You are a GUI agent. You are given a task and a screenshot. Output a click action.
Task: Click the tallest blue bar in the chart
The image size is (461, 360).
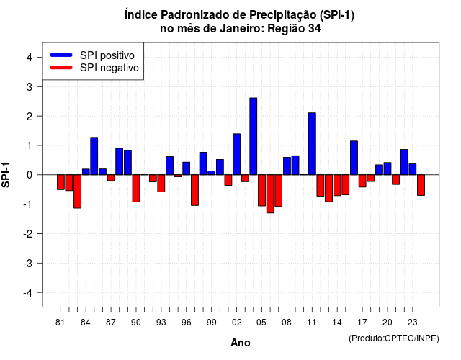click(253, 136)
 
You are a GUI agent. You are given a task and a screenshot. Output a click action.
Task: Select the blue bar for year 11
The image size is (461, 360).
click(312, 144)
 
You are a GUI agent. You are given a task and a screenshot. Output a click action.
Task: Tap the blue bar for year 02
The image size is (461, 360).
click(236, 154)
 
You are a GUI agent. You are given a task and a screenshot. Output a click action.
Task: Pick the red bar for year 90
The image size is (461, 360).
click(136, 189)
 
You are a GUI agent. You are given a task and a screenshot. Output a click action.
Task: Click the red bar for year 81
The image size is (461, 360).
click(61, 182)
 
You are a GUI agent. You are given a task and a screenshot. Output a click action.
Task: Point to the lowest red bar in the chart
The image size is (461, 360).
click(270, 194)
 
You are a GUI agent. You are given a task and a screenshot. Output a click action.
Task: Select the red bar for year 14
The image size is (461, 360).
click(337, 185)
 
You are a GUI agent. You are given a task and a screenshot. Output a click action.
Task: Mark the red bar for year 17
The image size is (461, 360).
click(362, 181)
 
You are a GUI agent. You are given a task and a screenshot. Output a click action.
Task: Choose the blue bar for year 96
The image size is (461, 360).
click(186, 168)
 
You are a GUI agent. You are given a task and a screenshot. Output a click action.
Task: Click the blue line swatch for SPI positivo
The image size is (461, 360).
click(61, 55)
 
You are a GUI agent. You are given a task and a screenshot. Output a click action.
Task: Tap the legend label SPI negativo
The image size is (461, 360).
click(109, 68)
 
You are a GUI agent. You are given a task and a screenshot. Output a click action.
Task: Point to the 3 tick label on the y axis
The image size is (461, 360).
click(29, 86)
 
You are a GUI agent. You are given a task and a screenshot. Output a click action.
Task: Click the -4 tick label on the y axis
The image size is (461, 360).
click(28, 292)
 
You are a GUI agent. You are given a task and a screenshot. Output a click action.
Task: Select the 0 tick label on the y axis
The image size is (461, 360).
click(29, 175)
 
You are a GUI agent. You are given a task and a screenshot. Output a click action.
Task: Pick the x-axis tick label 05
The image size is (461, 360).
click(261, 323)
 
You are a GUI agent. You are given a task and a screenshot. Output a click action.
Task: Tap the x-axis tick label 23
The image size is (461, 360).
click(412, 323)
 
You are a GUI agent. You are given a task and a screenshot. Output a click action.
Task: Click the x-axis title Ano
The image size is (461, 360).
click(241, 343)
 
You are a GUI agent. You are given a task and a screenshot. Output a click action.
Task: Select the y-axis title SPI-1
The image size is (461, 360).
click(6, 175)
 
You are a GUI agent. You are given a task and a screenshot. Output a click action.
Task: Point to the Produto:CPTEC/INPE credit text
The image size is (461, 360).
click(394, 338)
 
